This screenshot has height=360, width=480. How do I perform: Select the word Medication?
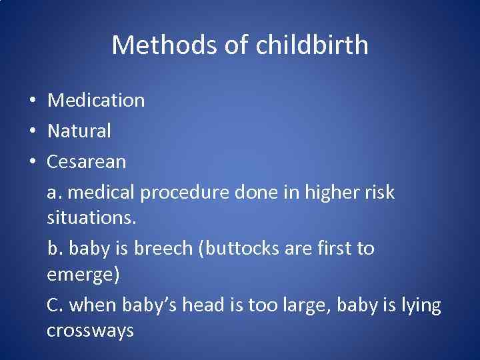click(x=96, y=101)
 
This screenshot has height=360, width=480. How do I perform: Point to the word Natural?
click(x=79, y=131)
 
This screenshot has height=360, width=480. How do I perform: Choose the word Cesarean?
click(x=87, y=162)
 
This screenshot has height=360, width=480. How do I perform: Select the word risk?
click(x=379, y=193)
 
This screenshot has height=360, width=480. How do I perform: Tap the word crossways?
click(x=91, y=331)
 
